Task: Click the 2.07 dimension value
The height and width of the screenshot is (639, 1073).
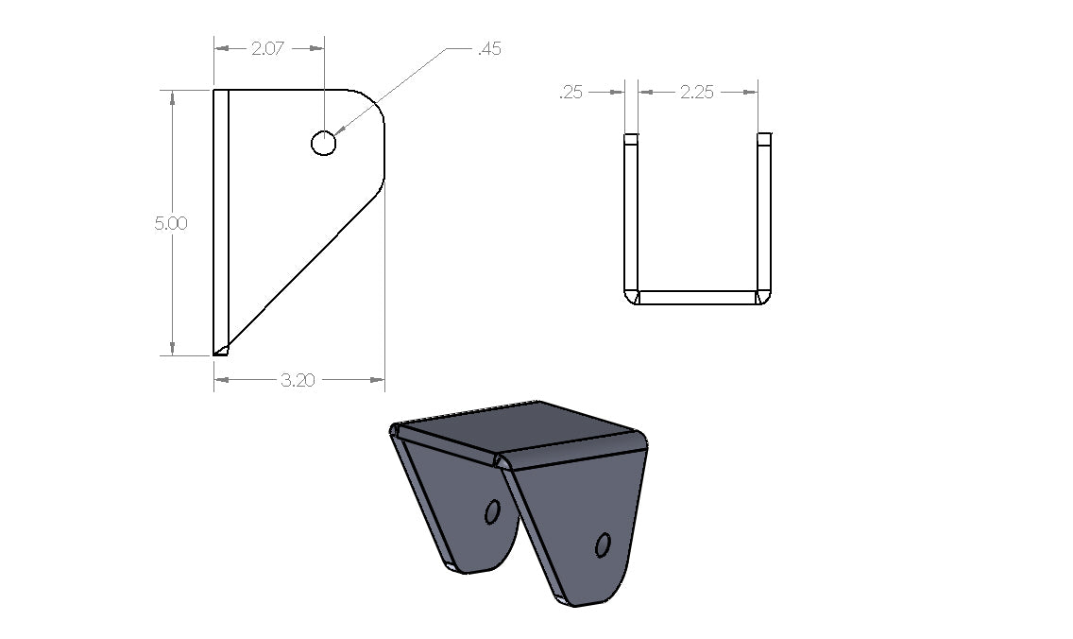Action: pos(268,48)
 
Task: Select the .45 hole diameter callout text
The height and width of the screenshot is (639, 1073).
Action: pos(489,49)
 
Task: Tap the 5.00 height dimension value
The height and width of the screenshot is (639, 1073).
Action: pos(172,224)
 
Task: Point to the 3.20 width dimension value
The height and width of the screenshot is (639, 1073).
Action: pos(298,380)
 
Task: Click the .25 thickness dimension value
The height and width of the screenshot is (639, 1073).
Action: pos(571,92)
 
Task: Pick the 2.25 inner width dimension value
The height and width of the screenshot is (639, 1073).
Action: pos(697,92)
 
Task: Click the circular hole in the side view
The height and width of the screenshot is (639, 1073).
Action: pos(323,143)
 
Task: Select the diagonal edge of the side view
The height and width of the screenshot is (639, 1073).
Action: pos(302,274)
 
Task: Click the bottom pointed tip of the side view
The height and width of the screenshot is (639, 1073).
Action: pos(220,351)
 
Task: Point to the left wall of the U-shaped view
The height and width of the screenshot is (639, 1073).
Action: pos(630,213)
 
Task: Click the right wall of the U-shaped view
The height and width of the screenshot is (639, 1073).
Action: pos(764,213)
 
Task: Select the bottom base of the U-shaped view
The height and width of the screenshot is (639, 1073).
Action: pos(697,298)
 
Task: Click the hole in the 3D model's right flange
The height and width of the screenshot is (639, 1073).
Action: pos(603,544)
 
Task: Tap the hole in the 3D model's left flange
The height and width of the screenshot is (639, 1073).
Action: pos(491,512)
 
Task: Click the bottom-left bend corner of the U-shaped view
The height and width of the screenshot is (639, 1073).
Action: pos(630,298)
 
